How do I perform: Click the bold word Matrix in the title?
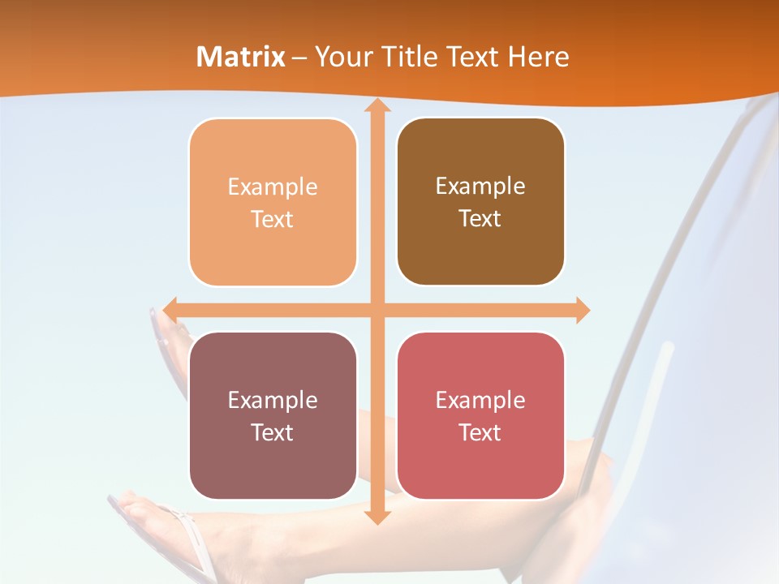coord(241,57)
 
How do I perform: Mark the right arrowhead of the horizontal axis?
coord(582,310)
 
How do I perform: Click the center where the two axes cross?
coord(377,310)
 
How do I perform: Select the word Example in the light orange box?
coord(273,187)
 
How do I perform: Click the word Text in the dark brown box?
coord(480,219)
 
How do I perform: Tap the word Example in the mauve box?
coord(273,401)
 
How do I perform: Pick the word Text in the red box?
coord(480,432)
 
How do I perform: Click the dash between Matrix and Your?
coord(299,58)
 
